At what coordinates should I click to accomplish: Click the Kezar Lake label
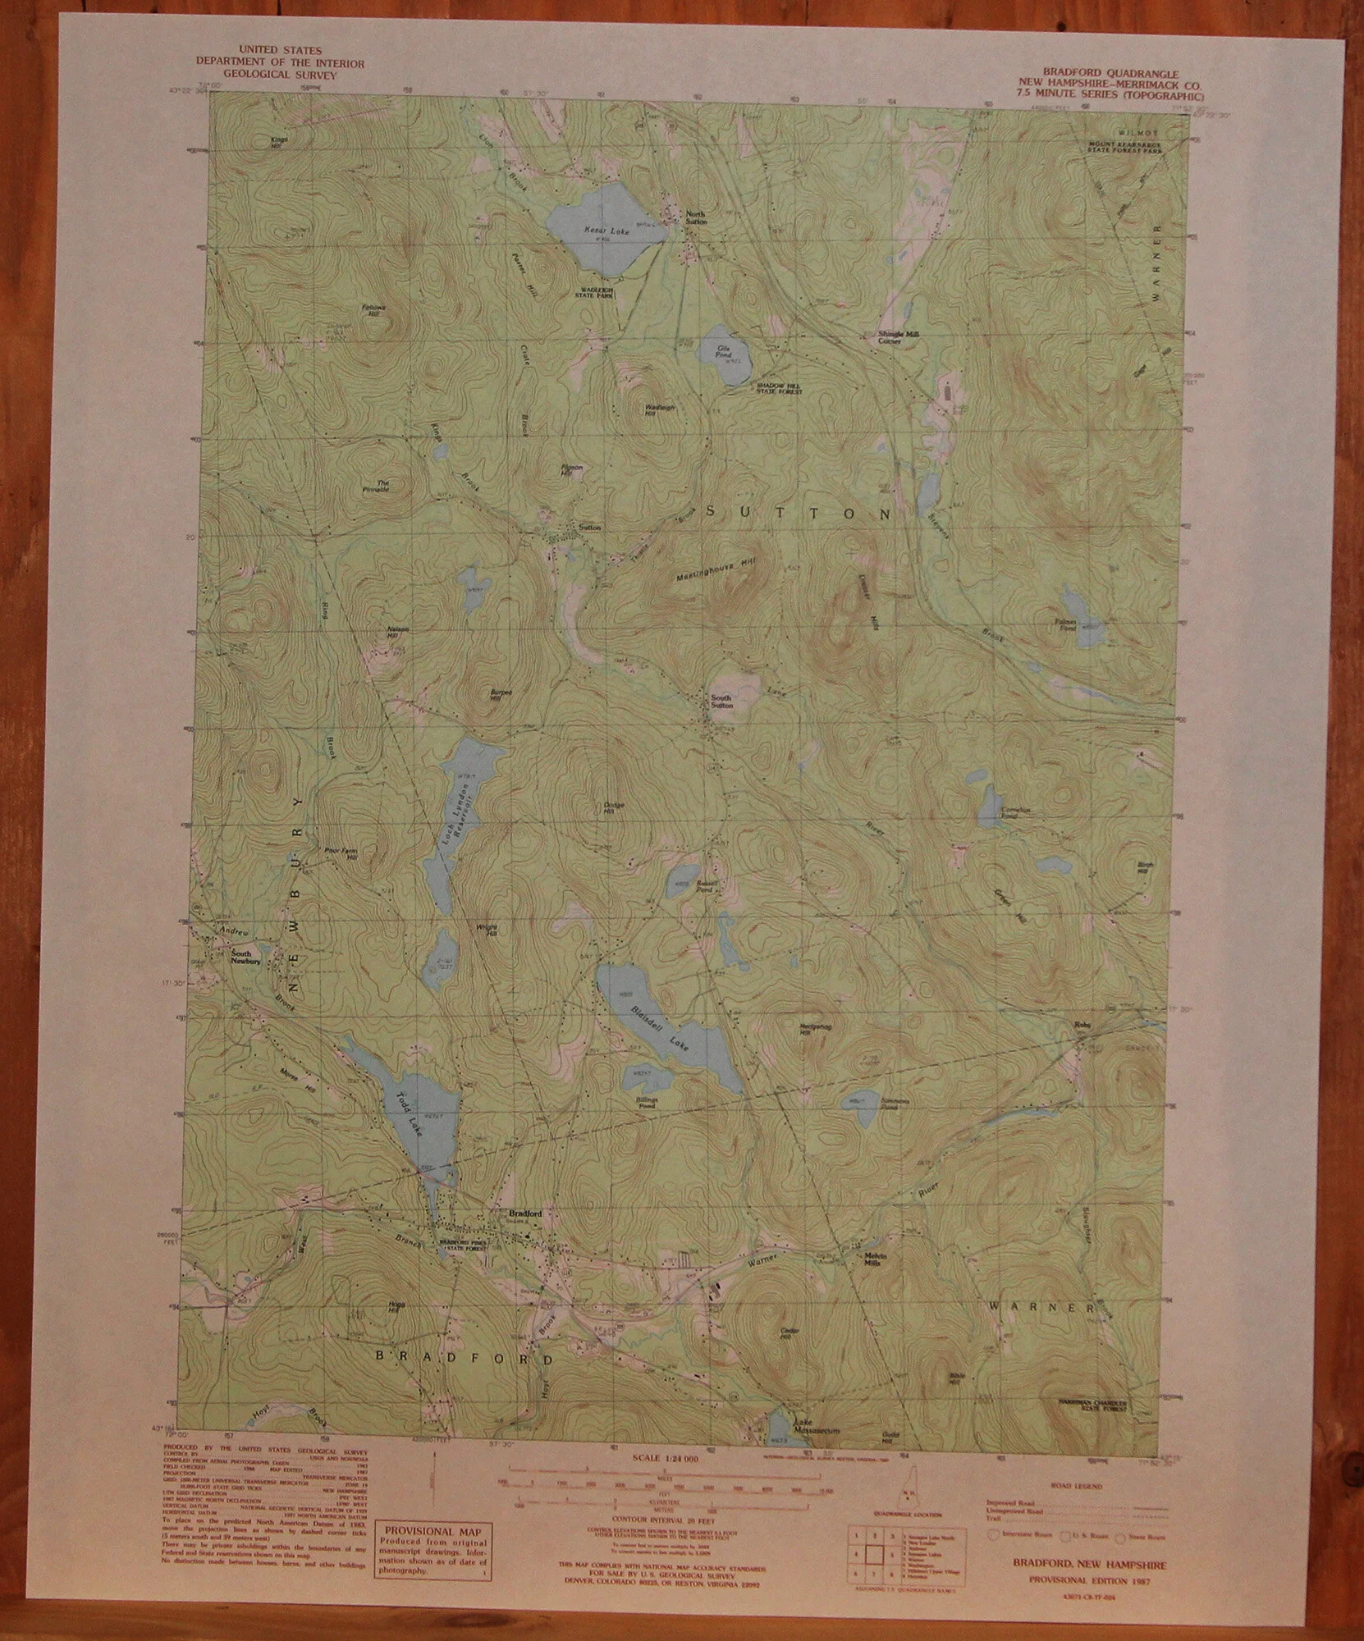pos(607,232)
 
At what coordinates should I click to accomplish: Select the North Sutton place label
pos(697,217)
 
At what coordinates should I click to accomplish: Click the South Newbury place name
pos(245,958)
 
